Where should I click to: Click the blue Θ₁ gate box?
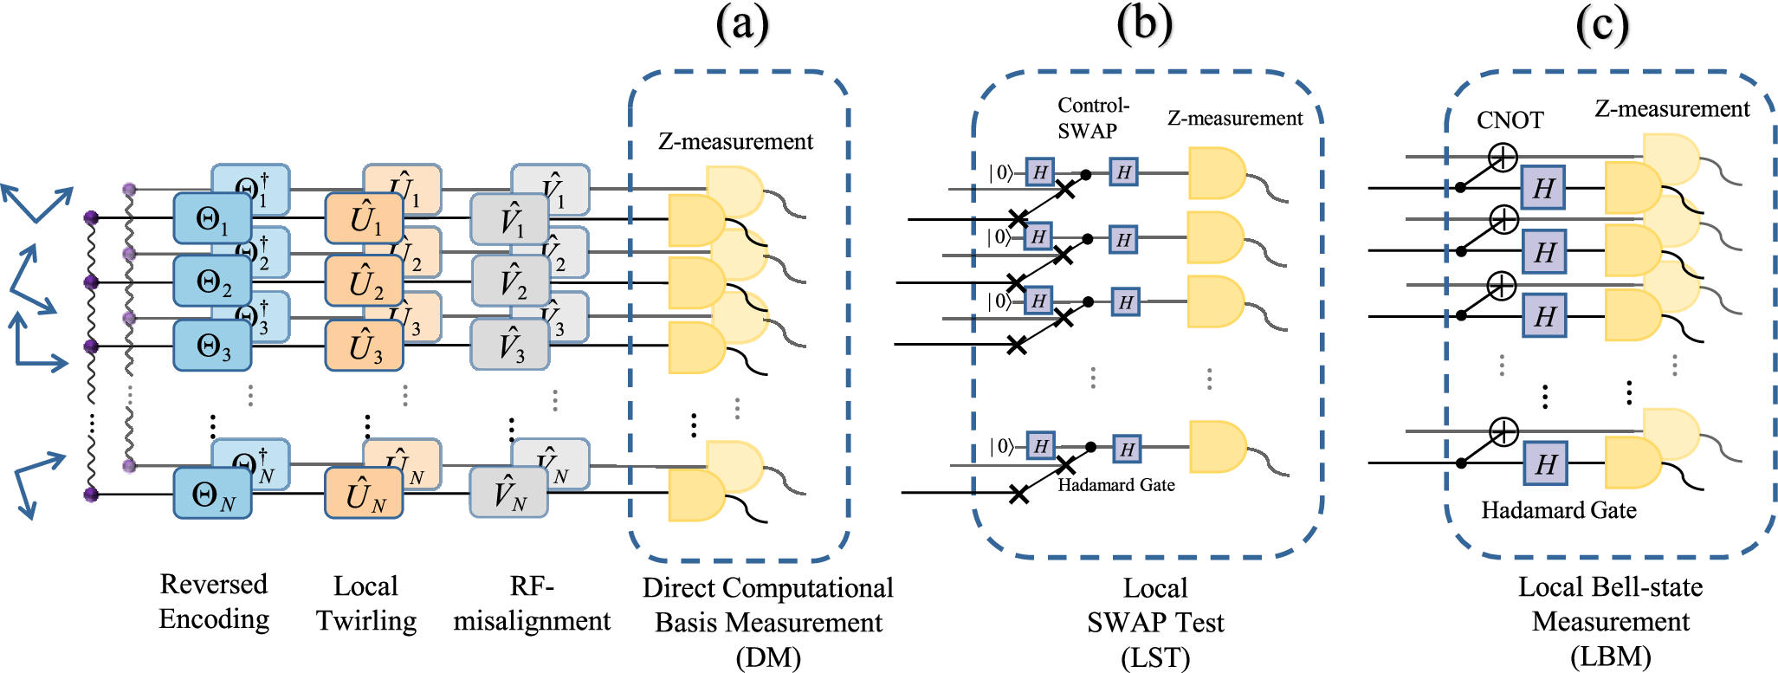pyautogui.click(x=212, y=218)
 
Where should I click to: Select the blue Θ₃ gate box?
pyautogui.click(x=212, y=346)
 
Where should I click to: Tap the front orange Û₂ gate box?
pyautogui.click(x=364, y=282)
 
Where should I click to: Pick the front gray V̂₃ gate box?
pyautogui.click(x=510, y=345)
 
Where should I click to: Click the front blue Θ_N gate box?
pyautogui.click(x=212, y=494)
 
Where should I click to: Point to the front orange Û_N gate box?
pyautogui.click(x=364, y=494)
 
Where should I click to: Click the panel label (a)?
pyautogui.click(x=742, y=23)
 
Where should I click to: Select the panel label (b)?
pyautogui.click(x=1144, y=23)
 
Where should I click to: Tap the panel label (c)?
pyautogui.click(x=1602, y=25)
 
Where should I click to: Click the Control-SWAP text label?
pyautogui.click(x=1092, y=118)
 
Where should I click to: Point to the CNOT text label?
pyautogui.click(x=1510, y=120)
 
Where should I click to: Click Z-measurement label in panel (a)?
pyautogui.click(x=735, y=141)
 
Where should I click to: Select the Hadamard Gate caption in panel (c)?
pyautogui.click(x=1558, y=510)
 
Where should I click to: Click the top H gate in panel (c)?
pyautogui.click(x=1543, y=188)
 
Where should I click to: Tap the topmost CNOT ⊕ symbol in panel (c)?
pyautogui.click(x=1503, y=157)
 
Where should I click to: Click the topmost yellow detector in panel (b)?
pyautogui.click(x=1215, y=173)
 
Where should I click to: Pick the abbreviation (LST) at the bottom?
pyautogui.click(x=1155, y=658)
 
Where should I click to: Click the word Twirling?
pyautogui.click(x=365, y=621)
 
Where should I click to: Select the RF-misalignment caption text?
pyautogui.click(x=531, y=605)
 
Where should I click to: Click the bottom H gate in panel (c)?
pyautogui.click(x=1545, y=464)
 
